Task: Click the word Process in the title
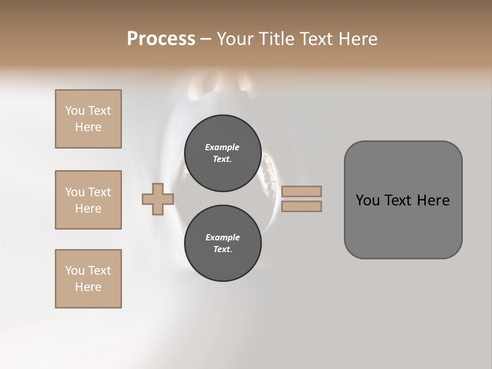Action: (x=161, y=39)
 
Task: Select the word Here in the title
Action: (x=357, y=39)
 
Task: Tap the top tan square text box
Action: (x=88, y=119)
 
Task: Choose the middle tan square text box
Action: (x=88, y=200)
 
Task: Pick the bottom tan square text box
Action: (x=88, y=279)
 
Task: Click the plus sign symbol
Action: (x=158, y=199)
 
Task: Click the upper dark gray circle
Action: (x=222, y=153)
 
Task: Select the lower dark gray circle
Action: (x=222, y=243)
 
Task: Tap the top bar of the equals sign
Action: (x=301, y=191)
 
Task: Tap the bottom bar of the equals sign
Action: (x=301, y=207)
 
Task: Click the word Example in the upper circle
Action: (x=222, y=147)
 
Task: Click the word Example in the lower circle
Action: (x=222, y=237)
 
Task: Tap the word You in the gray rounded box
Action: (x=367, y=200)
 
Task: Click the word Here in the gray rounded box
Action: (x=433, y=200)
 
